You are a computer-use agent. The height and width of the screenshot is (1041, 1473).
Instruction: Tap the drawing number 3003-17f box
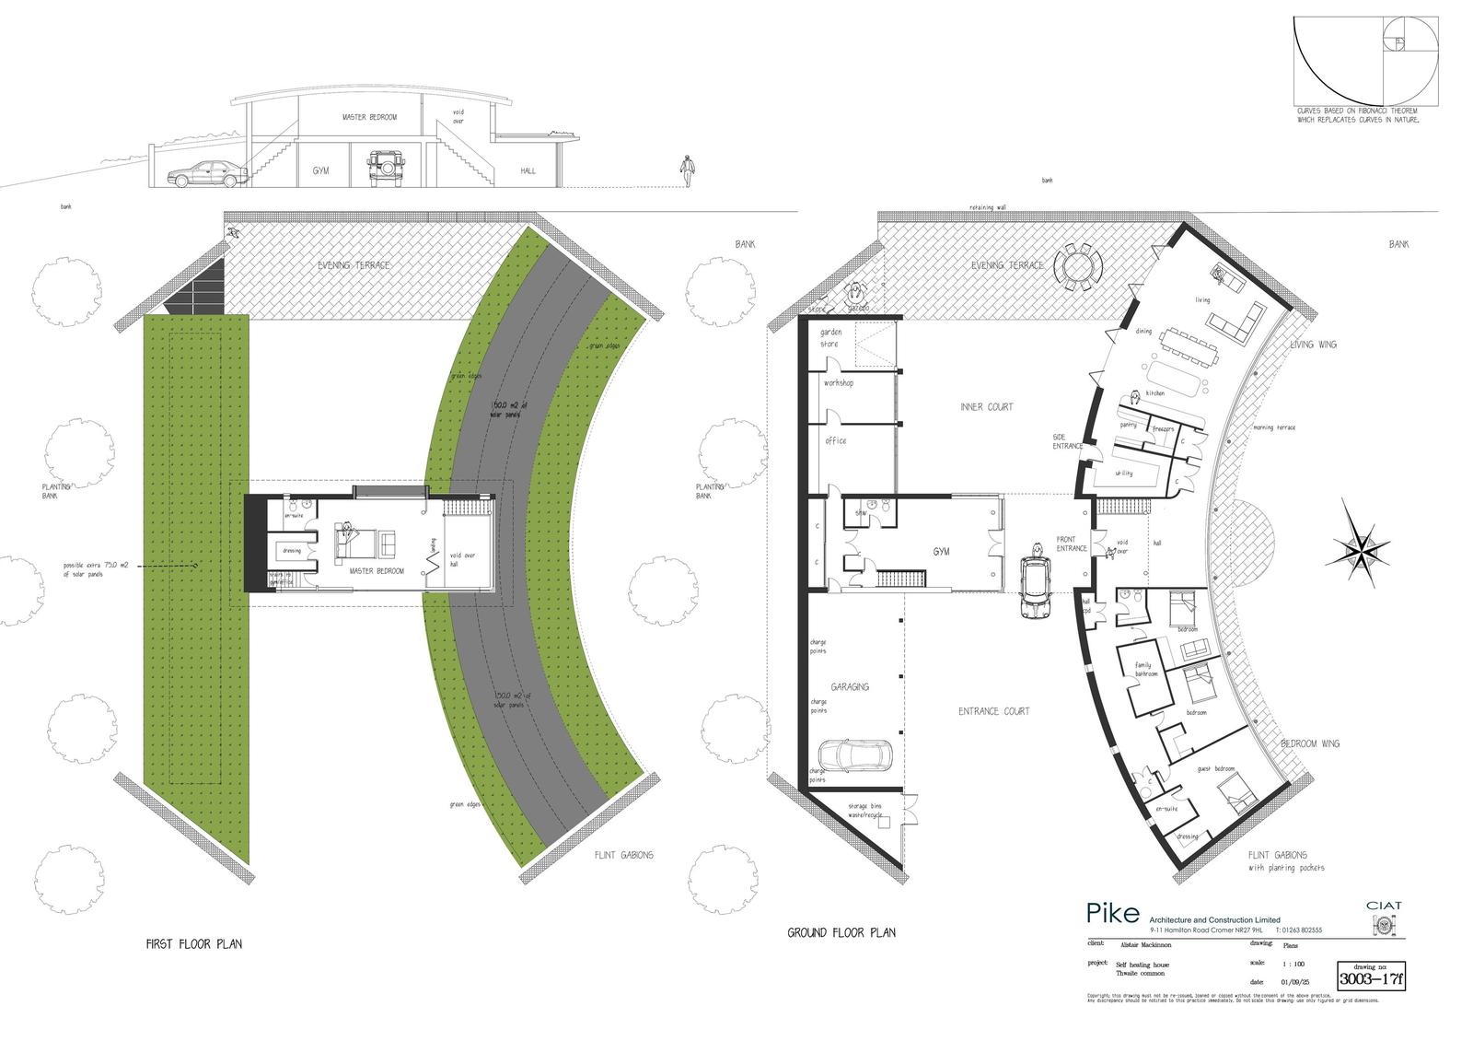coord(1372,977)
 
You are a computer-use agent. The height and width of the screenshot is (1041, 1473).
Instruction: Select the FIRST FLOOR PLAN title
coord(194,944)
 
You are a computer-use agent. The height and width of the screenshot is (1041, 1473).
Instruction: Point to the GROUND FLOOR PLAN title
coord(841,932)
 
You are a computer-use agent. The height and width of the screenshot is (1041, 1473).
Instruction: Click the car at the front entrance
coord(1036,588)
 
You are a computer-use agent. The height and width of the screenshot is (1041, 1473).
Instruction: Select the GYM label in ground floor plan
coord(941,552)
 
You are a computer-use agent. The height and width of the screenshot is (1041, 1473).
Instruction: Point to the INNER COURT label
coord(986,406)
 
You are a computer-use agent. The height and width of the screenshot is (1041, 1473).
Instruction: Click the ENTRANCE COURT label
coord(993,711)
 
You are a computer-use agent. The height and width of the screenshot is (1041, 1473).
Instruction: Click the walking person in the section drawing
coord(686,171)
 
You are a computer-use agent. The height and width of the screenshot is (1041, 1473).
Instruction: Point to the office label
coord(835,440)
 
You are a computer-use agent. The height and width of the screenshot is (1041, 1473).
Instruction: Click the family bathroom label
coord(1144,669)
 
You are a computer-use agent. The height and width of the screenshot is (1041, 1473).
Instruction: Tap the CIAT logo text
coord(1385,906)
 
